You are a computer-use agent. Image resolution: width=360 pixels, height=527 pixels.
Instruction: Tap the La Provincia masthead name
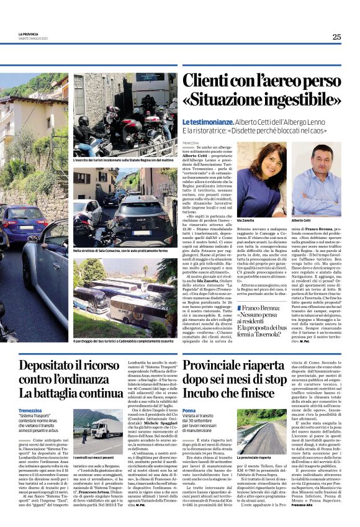tap(28, 34)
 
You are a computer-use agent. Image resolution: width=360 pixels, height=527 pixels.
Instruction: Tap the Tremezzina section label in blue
tap(30, 411)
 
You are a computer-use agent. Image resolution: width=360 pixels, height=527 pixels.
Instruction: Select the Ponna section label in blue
tap(190, 411)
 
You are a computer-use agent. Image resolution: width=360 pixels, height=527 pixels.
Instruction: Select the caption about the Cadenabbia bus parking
tap(122, 341)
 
